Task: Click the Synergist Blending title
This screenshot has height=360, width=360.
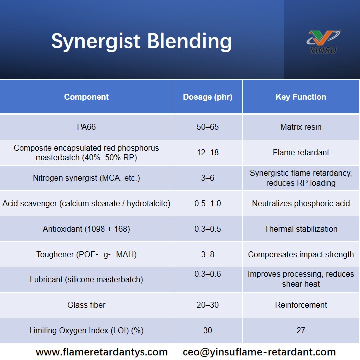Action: coord(141,41)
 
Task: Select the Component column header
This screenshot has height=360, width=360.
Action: coord(86,97)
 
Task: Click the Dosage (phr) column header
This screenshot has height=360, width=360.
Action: coord(208,97)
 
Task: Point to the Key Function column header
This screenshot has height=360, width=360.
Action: coord(301,97)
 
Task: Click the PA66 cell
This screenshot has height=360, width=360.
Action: coord(86,127)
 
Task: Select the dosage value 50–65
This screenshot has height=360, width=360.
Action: coord(208,127)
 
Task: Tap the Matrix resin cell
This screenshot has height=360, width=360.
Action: coord(301,127)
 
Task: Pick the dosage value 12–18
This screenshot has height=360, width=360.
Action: coord(208,153)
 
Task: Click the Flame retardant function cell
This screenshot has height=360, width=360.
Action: coord(301,153)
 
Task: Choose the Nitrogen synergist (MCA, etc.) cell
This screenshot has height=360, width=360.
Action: coord(86,178)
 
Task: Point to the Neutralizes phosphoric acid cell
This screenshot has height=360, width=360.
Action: coord(301,204)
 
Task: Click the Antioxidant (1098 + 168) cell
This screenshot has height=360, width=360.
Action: coord(86,229)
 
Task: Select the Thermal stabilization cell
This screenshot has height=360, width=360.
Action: coord(301,229)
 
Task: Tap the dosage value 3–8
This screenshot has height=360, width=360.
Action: coord(208,255)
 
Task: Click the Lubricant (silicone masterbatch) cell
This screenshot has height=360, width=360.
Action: coord(86,280)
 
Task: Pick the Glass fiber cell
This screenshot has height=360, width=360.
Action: coord(86,305)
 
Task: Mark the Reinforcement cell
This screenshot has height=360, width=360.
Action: coord(301,305)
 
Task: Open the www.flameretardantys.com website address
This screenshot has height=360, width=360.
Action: coord(102,352)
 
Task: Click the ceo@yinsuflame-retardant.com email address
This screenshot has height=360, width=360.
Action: coord(259,352)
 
